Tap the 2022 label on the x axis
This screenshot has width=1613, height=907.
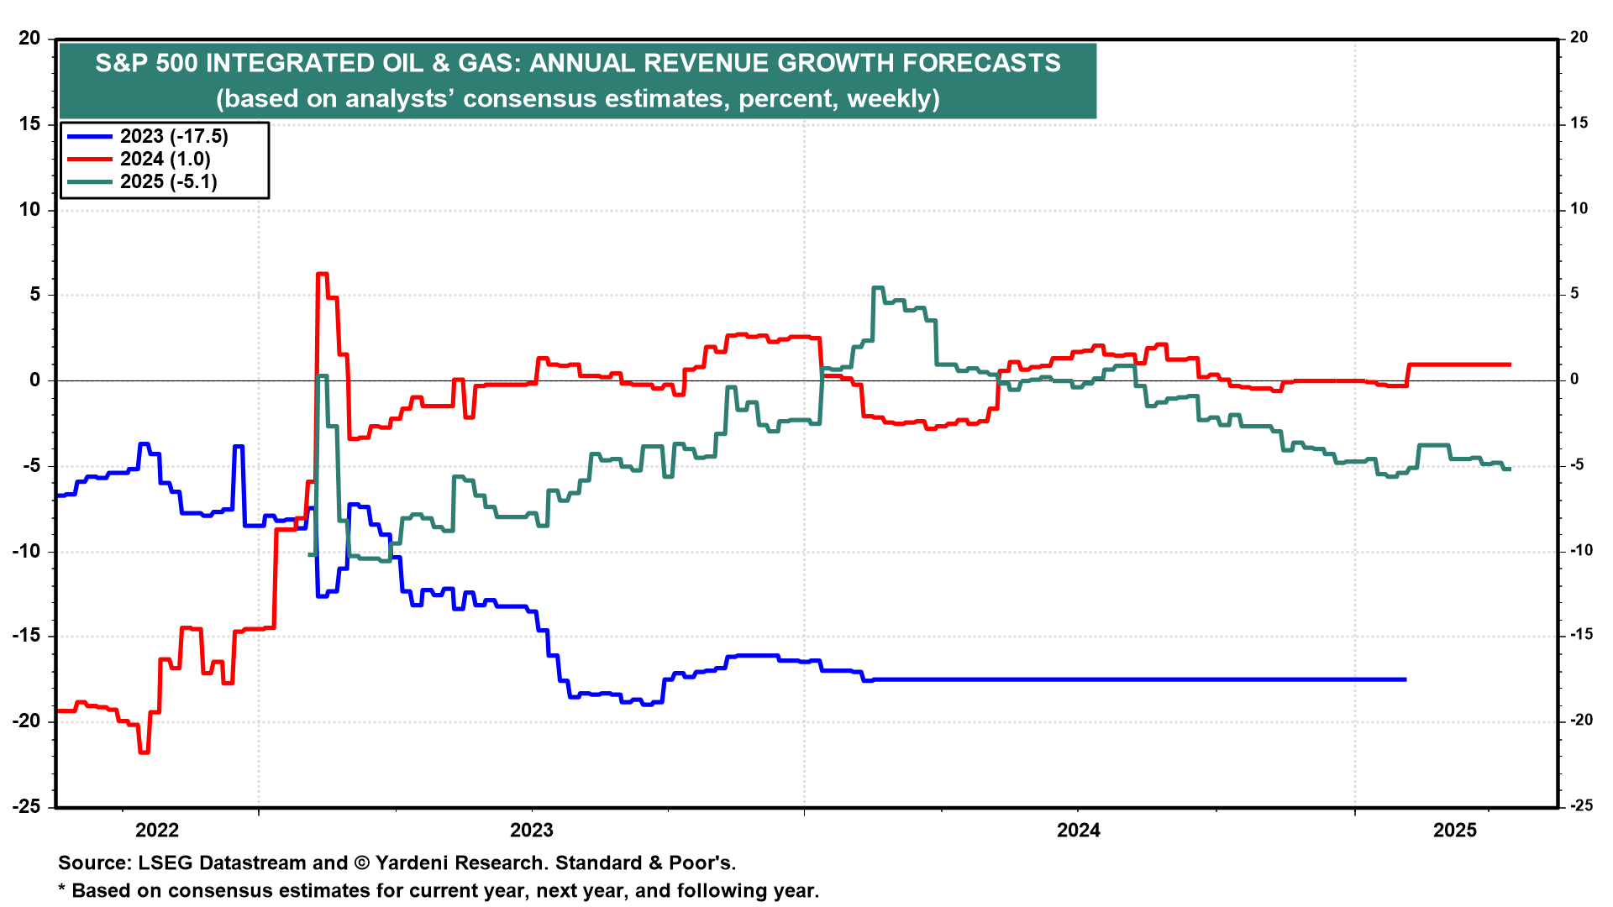[x=157, y=831]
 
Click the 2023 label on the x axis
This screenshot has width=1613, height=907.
[x=532, y=831]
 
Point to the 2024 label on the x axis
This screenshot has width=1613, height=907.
[x=1078, y=831]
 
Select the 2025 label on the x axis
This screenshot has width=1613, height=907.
[x=1454, y=831]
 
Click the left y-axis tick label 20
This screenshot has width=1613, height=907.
[x=29, y=39]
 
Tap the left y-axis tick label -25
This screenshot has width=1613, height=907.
[x=26, y=806]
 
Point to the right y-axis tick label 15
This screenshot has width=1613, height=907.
[x=1579, y=123]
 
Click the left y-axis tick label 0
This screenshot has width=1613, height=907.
[x=34, y=380]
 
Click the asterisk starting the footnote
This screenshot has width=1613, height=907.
[x=61, y=889]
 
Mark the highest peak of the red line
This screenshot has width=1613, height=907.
[x=322, y=274]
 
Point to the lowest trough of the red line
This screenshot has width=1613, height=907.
[x=144, y=752]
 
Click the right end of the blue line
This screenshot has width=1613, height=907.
[x=1405, y=679]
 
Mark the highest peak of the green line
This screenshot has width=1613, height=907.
[x=878, y=288]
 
